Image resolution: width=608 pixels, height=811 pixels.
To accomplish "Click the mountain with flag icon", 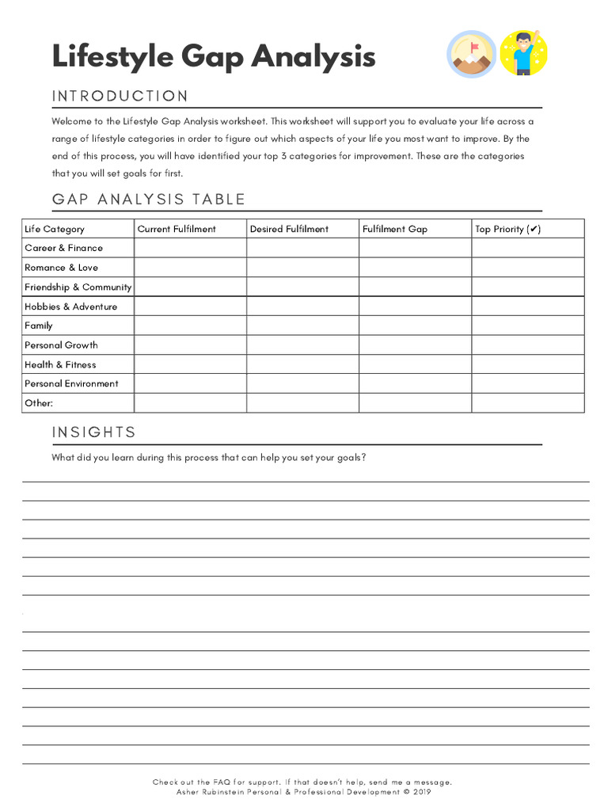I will (473, 55).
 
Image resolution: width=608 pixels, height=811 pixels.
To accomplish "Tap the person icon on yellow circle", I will (524, 53).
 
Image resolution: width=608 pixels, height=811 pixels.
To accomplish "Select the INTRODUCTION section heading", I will (120, 97).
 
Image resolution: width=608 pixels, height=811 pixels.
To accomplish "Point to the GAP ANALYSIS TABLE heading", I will (149, 200).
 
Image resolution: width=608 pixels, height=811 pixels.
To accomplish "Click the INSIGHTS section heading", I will (94, 432).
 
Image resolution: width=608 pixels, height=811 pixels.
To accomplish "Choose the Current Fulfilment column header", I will (177, 229).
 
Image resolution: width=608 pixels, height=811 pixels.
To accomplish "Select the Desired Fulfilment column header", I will (289, 229).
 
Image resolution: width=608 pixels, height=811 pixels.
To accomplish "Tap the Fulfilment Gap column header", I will (395, 229).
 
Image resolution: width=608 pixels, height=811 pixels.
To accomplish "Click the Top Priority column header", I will (507, 229).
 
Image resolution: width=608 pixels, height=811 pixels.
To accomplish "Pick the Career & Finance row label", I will (63, 248).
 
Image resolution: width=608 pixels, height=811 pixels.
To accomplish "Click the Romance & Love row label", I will (61, 268).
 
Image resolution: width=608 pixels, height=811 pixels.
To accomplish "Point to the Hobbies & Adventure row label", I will (70, 307).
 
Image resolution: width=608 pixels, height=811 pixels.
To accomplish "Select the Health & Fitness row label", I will (60, 364).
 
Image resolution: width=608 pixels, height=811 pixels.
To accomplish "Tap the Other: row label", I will (39, 403).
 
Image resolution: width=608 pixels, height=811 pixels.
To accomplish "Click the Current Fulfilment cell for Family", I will (190, 326).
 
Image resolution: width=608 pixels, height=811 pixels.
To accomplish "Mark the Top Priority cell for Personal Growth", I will (528, 345).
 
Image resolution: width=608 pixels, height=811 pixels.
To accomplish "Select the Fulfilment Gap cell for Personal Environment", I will (415, 383).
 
